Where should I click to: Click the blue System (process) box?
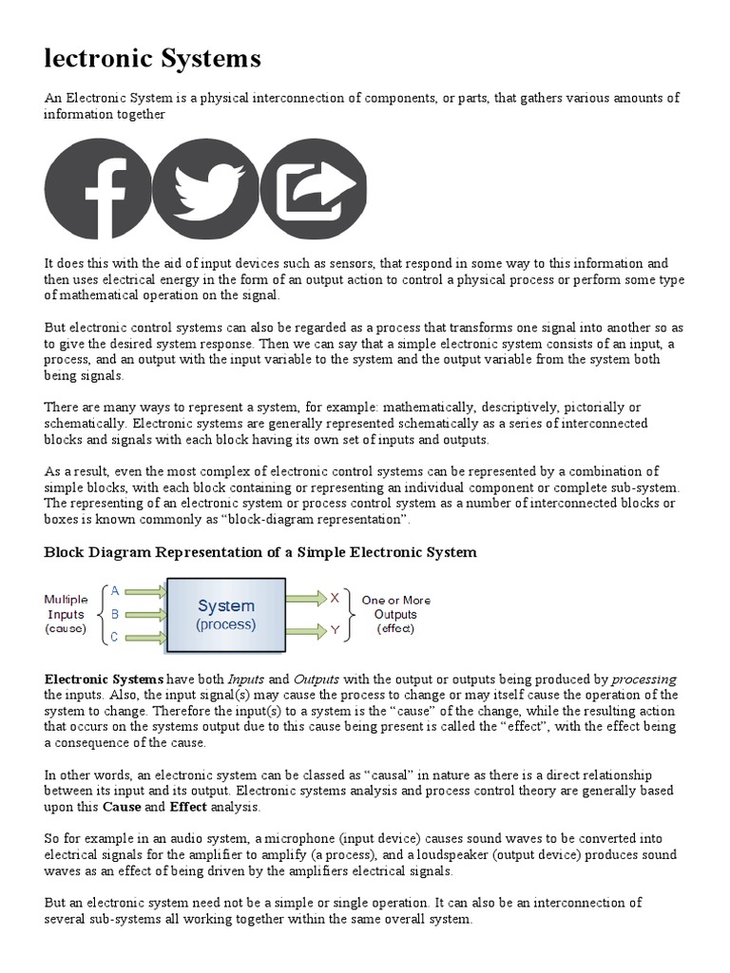226,615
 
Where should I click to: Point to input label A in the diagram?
115,590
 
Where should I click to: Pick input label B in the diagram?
115,614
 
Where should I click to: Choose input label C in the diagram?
115,638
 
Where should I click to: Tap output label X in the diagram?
335,598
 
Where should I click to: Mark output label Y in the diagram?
335,629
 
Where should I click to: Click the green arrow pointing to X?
305,598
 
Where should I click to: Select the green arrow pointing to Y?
305,629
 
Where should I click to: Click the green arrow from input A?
146,591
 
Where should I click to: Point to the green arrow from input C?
146,638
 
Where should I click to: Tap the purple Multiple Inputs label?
66,614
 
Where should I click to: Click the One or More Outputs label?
395,614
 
